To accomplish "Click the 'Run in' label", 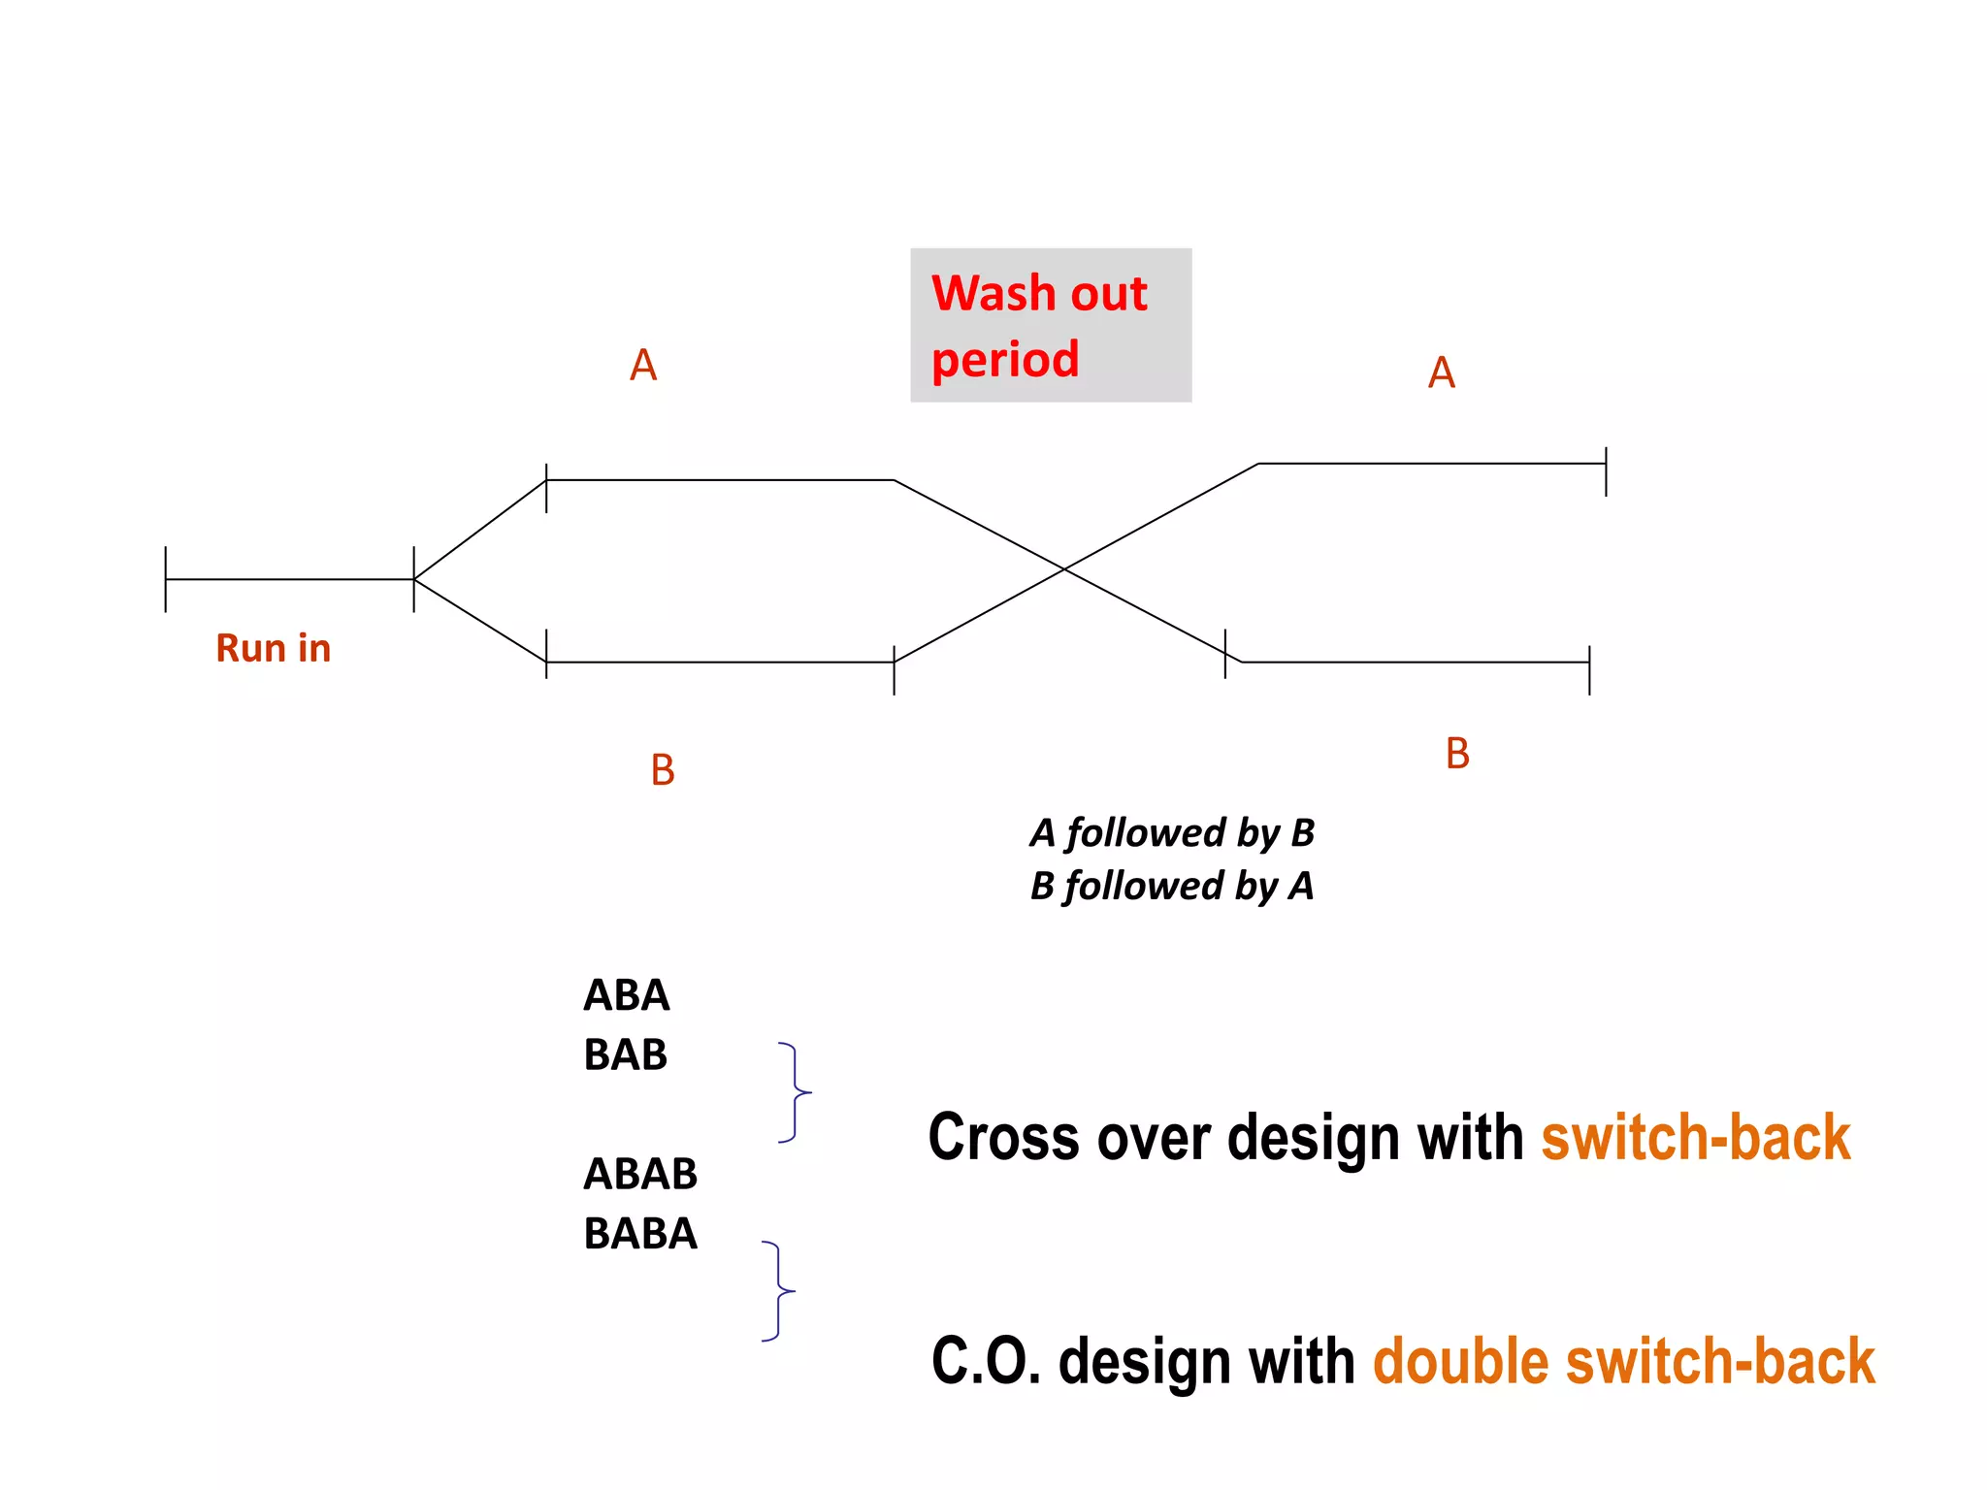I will click(x=274, y=648).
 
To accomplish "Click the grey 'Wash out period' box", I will click(x=1050, y=325).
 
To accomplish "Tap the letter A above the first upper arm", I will click(x=643, y=366).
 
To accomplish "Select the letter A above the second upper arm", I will click(x=1442, y=372).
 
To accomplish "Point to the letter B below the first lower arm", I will click(x=663, y=770).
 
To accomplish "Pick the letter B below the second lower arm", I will click(x=1457, y=754).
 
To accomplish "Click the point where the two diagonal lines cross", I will click(x=1064, y=569).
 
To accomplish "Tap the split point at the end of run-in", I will click(x=414, y=579).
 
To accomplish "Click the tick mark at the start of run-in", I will click(x=166, y=579).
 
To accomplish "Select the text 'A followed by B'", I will click(x=1172, y=833).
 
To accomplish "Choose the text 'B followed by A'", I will click(x=1172, y=886).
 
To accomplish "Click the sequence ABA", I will click(x=626, y=995).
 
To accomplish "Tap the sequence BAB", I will click(x=626, y=1054).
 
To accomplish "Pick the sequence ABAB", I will click(x=640, y=1174).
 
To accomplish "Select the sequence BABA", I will click(x=640, y=1234).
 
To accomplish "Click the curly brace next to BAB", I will click(x=796, y=1092).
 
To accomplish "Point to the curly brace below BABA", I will click(x=779, y=1291).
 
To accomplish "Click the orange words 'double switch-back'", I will click(x=1623, y=1361).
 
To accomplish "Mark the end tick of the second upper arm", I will click(x=1606, y=471).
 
